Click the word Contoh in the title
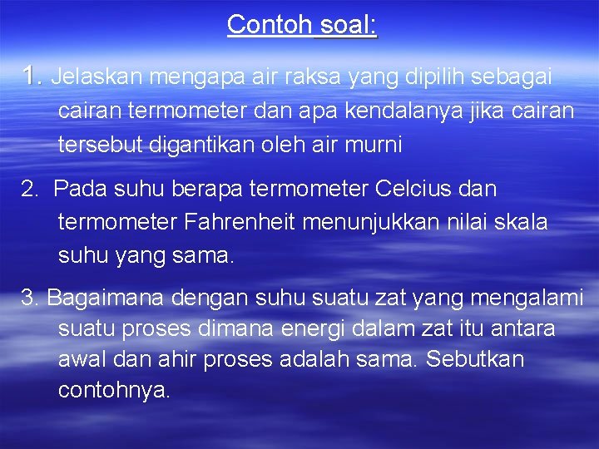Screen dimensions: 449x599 [x=269, y=25]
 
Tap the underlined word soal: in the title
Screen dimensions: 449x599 [x=346, y=25]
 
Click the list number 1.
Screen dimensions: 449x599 [x=32, y=77]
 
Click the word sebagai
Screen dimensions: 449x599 [x=511, y=77]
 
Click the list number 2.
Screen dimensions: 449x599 [x=29, y=190]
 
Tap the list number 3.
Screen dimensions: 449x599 [x=30, y=297]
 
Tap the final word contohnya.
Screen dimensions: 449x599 [x=114, y=389]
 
